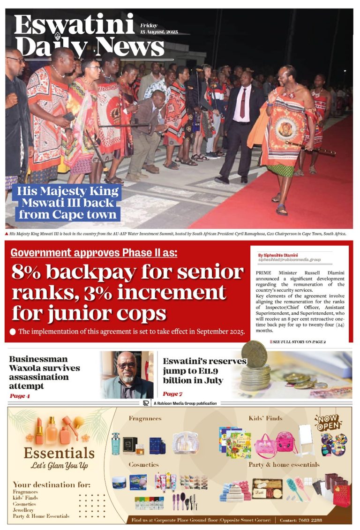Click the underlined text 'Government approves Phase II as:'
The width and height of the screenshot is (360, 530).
(x=94, y=253)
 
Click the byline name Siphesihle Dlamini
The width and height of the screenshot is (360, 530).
(x=278, y=255)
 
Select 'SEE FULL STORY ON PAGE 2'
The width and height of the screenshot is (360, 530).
(x=297, y=342)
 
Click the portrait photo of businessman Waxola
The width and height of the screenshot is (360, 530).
(x=127, y=374)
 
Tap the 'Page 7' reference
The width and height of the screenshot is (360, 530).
(x=172, y=394)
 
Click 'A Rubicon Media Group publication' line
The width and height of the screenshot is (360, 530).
(x=185, y=403)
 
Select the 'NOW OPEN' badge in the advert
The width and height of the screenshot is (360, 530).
(x=328, y=423)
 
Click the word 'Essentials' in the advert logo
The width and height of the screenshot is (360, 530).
(x=59, y=453)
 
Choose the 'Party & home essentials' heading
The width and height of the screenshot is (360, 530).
(x=284, y=464)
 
